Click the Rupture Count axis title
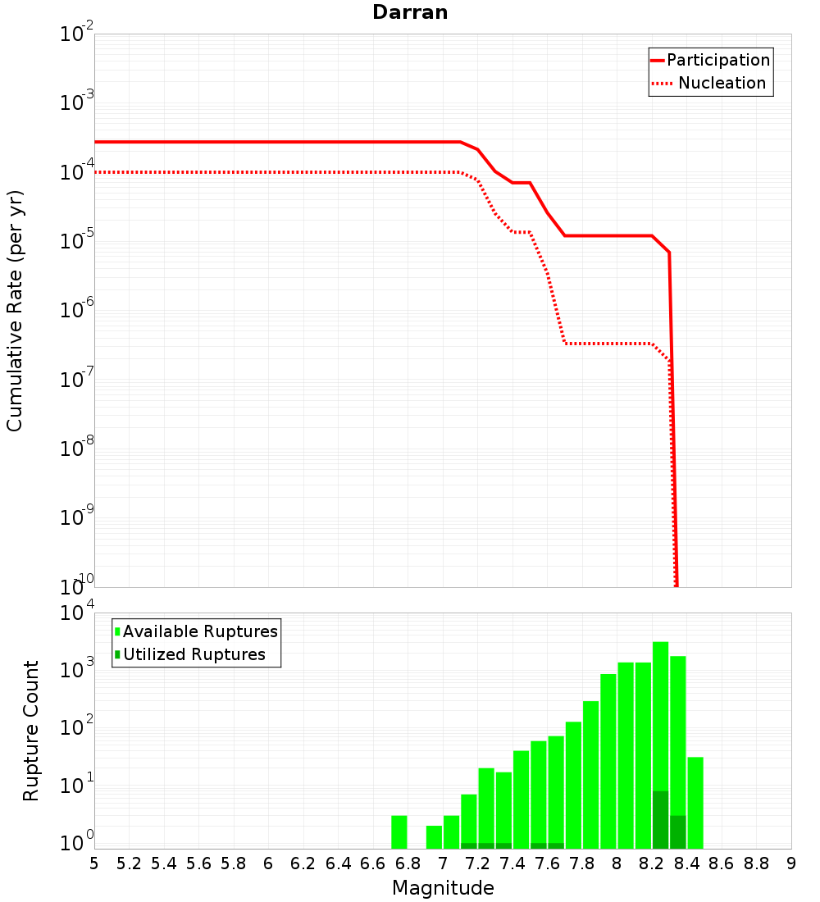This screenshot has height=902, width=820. [31, 730]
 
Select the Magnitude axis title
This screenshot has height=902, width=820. [443, 888]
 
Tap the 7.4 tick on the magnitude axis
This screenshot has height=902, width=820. [512, 863]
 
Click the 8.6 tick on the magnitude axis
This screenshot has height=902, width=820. [722, 863]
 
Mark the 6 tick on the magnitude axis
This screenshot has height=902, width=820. [268, 863]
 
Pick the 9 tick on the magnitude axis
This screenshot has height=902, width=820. [790, 863]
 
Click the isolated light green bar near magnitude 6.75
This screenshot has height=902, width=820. [399, 831]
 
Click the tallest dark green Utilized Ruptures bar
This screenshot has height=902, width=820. [661, 819]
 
